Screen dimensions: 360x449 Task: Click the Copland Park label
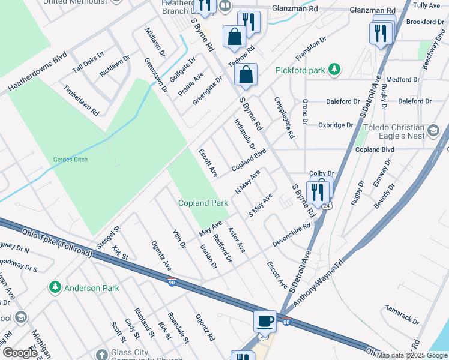(x=203, y=203)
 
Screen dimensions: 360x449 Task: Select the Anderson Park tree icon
(x=56, y=287)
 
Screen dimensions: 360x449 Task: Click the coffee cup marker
(x=265, y=321)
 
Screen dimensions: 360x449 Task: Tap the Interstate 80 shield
(x=287, y=322)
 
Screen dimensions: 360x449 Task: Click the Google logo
(x=20, y=353)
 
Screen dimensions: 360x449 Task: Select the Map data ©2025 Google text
(x=412, y=355)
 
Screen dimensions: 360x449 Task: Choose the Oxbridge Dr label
(x=336, y=125)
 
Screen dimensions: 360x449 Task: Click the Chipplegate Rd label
(x=284, y=118)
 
